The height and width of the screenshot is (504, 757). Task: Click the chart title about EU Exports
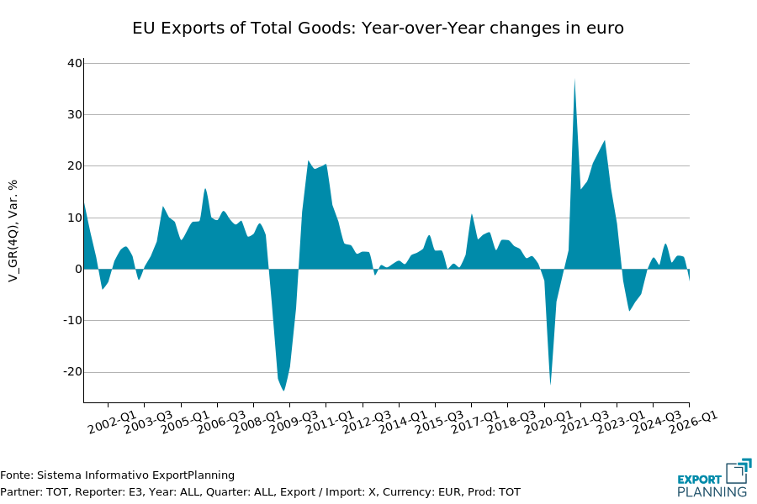click(x=378, y=29)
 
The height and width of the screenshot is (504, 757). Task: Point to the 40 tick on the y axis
click(x=75, y=63)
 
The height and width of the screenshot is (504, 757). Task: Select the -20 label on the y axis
click(x=72, y=372)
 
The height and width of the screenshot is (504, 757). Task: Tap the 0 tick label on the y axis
click(x=78, y=269)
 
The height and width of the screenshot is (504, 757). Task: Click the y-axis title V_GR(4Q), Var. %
click(x=13, y=231)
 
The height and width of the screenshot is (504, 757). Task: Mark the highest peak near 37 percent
click(x=574, y=80)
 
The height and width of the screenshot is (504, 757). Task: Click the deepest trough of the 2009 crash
click(x=283, y=390)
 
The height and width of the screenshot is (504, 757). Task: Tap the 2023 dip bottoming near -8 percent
click(x=629, y=310)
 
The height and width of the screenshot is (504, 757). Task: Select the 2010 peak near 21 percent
click(x=309, y=161)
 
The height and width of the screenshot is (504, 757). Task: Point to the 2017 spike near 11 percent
click(x=472, y=214)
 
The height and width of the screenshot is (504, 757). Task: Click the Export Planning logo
click(x=713, y=479)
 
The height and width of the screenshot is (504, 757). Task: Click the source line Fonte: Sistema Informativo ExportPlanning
click(x=118, y=475)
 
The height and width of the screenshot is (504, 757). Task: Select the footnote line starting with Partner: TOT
click(x=260, y=492)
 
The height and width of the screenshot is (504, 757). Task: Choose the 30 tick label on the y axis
click(x=75, y=114)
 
